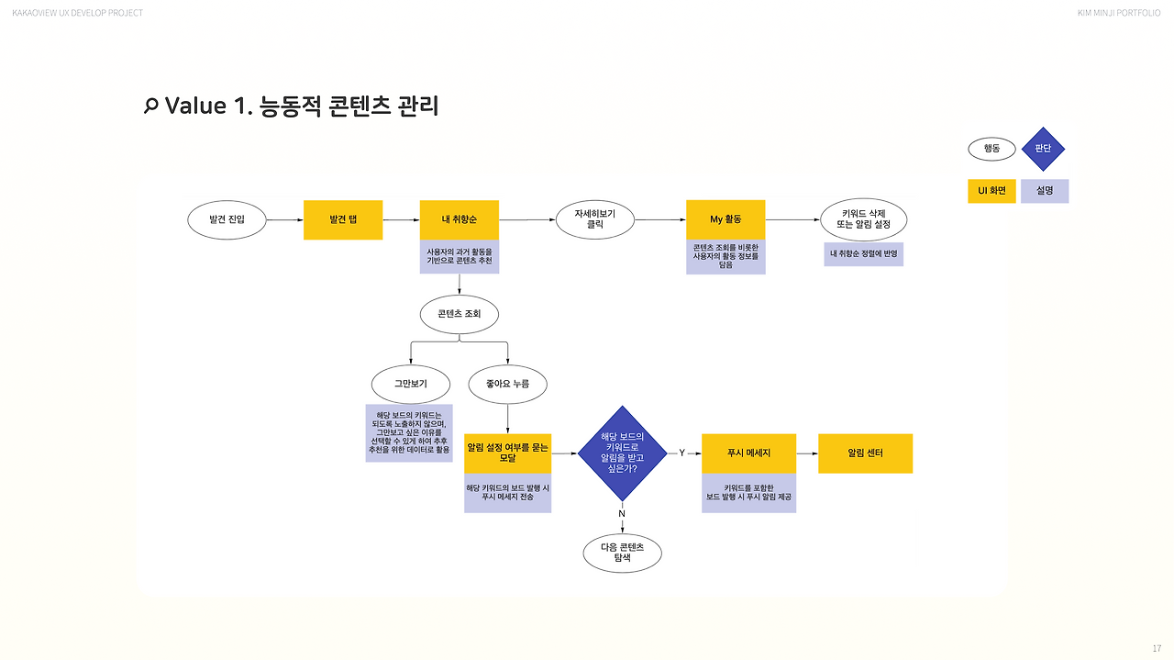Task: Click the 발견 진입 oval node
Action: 227,220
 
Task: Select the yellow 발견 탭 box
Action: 343,220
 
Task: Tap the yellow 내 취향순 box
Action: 459,220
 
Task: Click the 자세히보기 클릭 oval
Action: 594,220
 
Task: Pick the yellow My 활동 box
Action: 725,220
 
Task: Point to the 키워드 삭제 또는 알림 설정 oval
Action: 863,220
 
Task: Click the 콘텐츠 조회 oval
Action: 459,314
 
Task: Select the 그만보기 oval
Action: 410,384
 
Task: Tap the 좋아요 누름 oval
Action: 507,384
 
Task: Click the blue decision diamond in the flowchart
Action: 623,453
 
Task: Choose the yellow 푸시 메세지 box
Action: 748,453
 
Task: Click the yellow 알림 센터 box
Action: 865,453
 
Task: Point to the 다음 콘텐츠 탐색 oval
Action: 623,553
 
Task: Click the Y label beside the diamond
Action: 681,453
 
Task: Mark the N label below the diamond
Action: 622,513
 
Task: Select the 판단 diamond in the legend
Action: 1043,149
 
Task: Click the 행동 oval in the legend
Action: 991,149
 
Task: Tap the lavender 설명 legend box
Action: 1045,191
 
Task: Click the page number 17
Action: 1156,649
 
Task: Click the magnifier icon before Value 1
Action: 151,106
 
